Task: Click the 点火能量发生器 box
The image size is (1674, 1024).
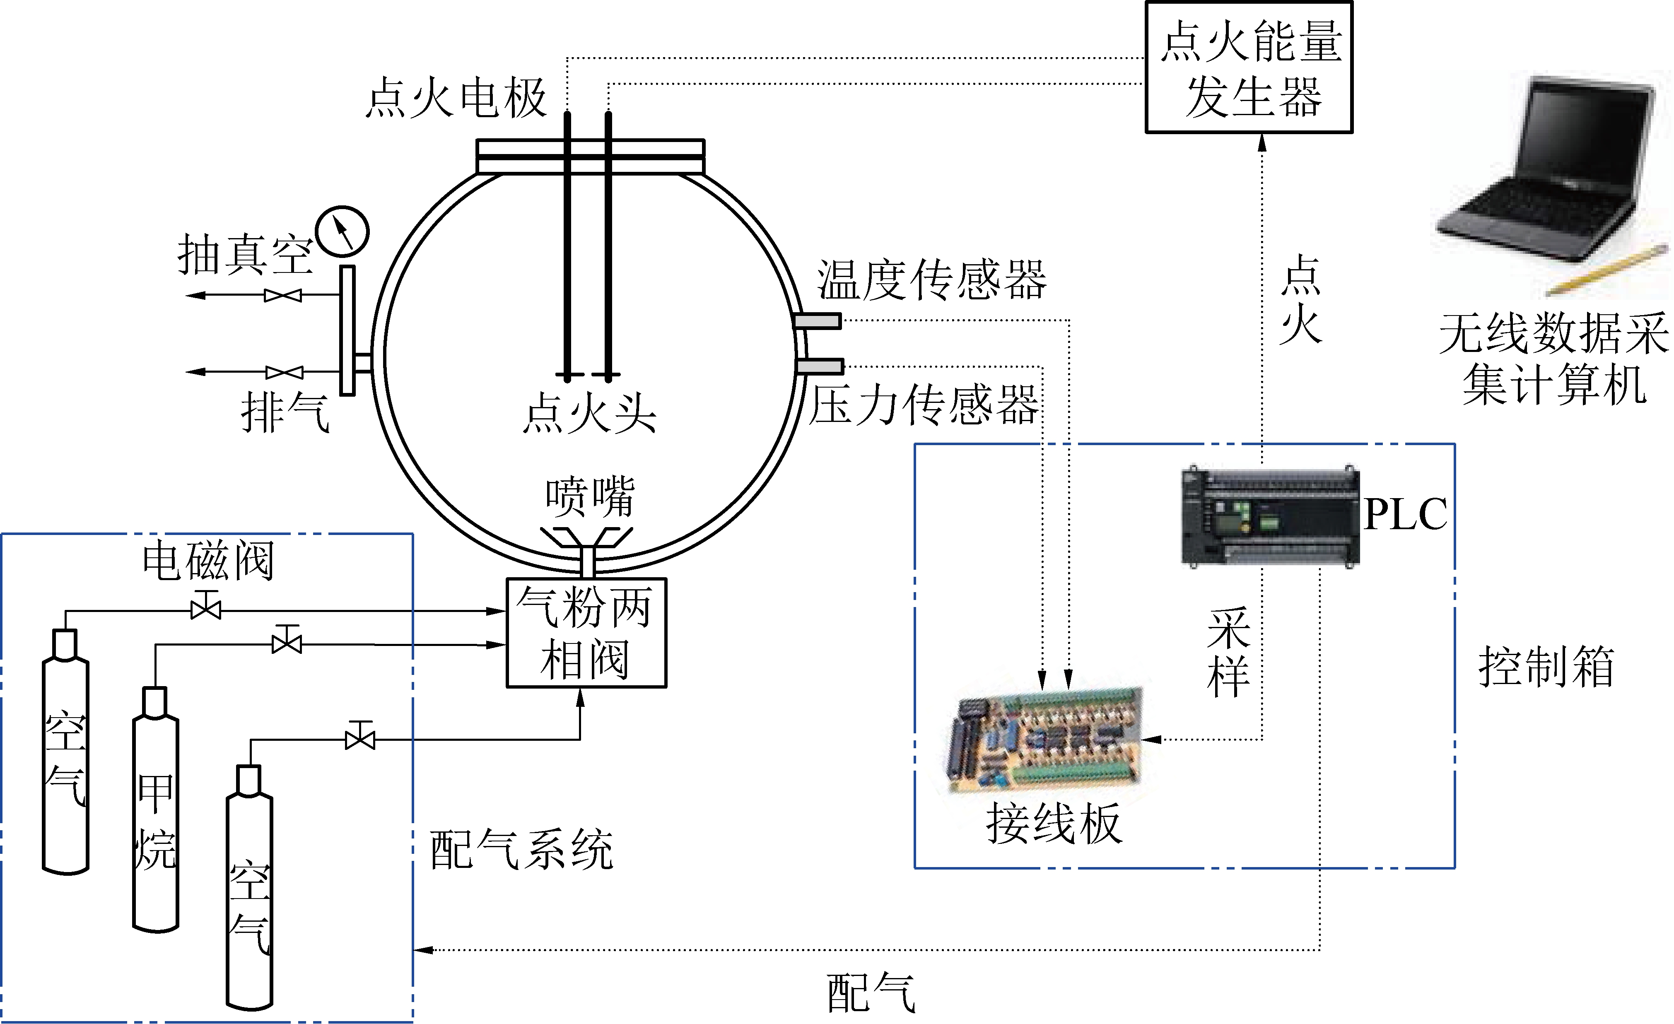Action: (x=1249, y=68)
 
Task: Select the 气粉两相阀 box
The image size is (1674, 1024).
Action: (x=586, y=633)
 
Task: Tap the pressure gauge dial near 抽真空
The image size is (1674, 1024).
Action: (x=343, y=231)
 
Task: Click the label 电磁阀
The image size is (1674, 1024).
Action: (x=208, y=561)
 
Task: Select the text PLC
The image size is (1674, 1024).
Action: (x=1405, y=514)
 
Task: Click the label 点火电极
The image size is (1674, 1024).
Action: (x=456, y=98)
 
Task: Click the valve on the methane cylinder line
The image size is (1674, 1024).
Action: (x=287, y=642)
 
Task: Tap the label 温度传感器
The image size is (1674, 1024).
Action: (x=931, y=280)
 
